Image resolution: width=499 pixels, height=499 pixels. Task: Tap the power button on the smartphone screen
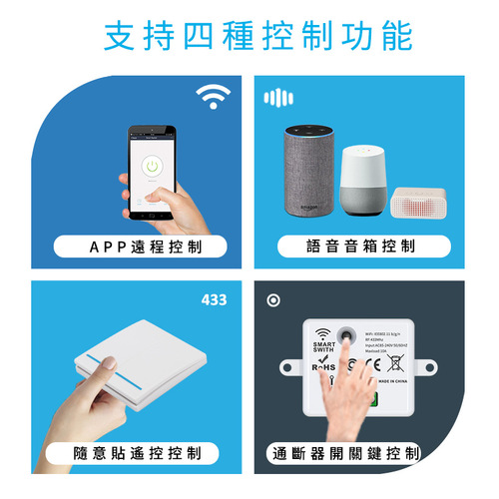tap(153, 165)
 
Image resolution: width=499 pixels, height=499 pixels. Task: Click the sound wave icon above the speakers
tap(279, 98)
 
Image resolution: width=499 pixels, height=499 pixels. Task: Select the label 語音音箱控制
tap(360, 246)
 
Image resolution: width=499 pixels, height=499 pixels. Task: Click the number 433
tap(214, 299)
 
